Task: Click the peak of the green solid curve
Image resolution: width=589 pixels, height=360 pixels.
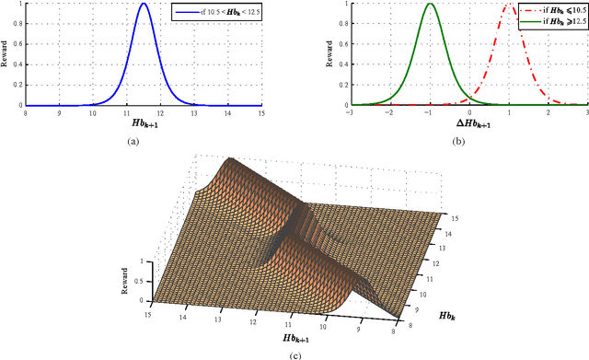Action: click(429, 4)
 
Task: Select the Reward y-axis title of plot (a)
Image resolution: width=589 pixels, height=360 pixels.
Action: click(7, 54)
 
